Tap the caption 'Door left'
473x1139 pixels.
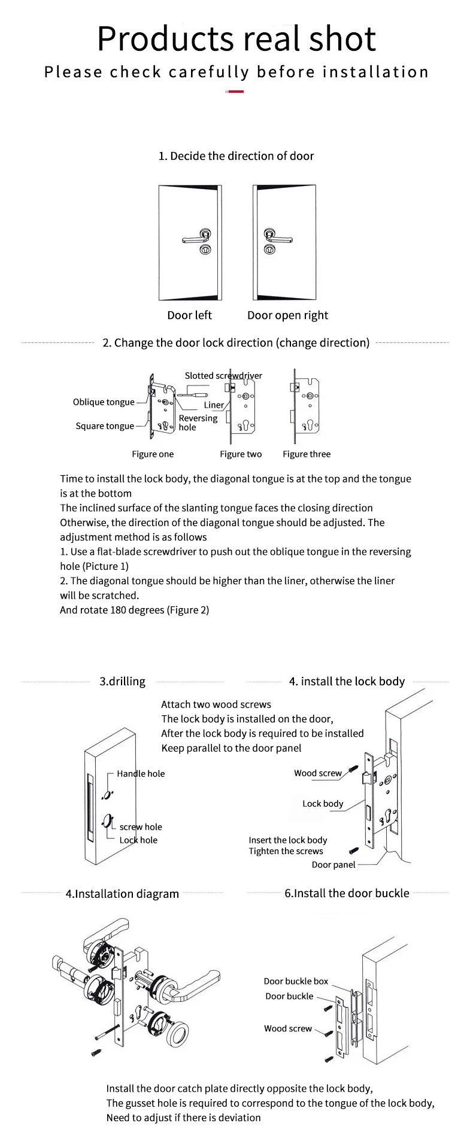pos(189,315)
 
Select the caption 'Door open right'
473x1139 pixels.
pos(288,315)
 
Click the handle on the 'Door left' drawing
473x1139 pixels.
pos(195,239)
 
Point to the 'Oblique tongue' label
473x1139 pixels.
pos(104,402)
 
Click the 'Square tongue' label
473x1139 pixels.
pos(105,426)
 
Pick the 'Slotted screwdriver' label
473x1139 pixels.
pos(223,376)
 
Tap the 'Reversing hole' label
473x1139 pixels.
pos(198,423)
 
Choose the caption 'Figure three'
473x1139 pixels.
pos(307,454)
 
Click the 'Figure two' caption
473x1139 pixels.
pos(241,454)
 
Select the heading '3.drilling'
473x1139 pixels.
pos(122,681)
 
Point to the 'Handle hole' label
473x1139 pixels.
pos(141,773)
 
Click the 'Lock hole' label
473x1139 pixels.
pos(138,840)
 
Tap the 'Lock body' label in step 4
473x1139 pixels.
pos(323,804)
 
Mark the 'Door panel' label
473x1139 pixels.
pos(333,865)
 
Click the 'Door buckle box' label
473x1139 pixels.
pos(296,981)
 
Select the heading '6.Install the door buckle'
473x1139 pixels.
pos(347,893)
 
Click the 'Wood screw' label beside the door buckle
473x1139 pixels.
pos(288,1028)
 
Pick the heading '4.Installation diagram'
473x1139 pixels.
pos(122,894)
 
